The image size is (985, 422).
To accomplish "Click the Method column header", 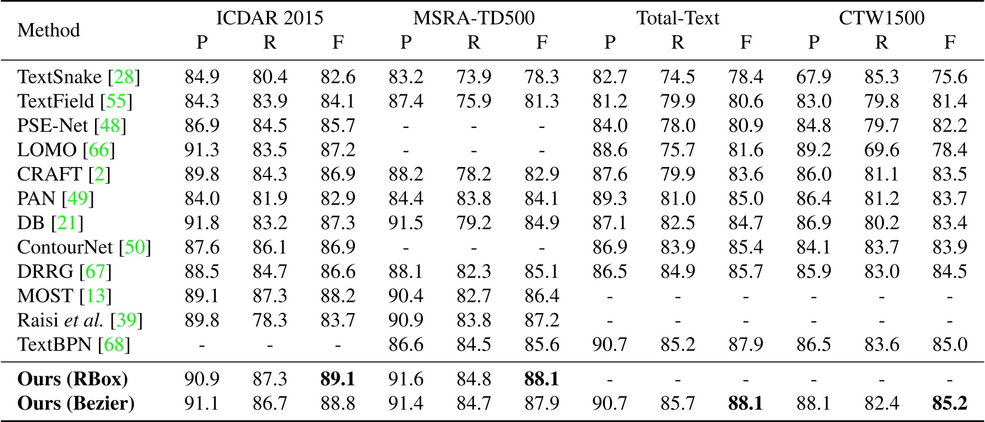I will tap(49, 30).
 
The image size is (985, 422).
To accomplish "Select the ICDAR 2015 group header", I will tap(269, 18).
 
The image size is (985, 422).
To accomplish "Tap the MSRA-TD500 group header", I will tap(473, 18).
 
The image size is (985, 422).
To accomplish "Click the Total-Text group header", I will tap(678, 18).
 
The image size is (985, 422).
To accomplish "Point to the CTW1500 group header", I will tap(881, 18).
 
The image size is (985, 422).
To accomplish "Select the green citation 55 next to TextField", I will tap(116, 101).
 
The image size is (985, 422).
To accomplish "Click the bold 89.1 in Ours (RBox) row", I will tap(337, 379).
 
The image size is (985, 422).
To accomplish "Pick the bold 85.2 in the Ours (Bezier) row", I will tap(949, 404).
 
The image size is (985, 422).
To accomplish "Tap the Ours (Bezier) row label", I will tap(76, 404).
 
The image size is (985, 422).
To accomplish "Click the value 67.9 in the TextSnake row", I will tap(813, 77).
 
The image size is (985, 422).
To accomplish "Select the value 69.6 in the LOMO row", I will tap(881, 150).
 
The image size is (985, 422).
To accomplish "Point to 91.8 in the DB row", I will tap(202, 223).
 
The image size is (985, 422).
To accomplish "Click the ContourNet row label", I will tap(67, 247).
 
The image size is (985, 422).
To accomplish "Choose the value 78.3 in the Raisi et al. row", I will tap(269, 321).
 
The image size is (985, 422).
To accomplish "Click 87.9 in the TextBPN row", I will tap(745, 345).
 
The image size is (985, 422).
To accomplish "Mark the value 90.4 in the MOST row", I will tap(405, 296).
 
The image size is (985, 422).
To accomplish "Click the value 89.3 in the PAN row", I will tap(610, 199).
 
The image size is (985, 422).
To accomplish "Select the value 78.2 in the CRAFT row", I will tap(473, 175).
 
